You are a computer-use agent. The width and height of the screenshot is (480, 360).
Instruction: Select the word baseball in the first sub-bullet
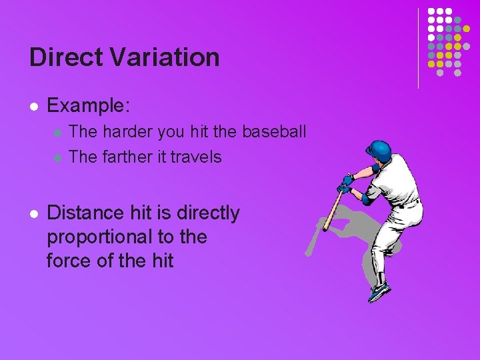[x=274, y=132]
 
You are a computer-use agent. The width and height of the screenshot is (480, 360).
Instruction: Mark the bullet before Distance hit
[x=33, y=214]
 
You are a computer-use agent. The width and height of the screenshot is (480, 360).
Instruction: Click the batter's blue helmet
[x=379, y=151]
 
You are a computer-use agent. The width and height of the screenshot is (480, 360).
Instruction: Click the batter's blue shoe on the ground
[x=379, y=291]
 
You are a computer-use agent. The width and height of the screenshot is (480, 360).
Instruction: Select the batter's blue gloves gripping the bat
[x=346, y=183]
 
